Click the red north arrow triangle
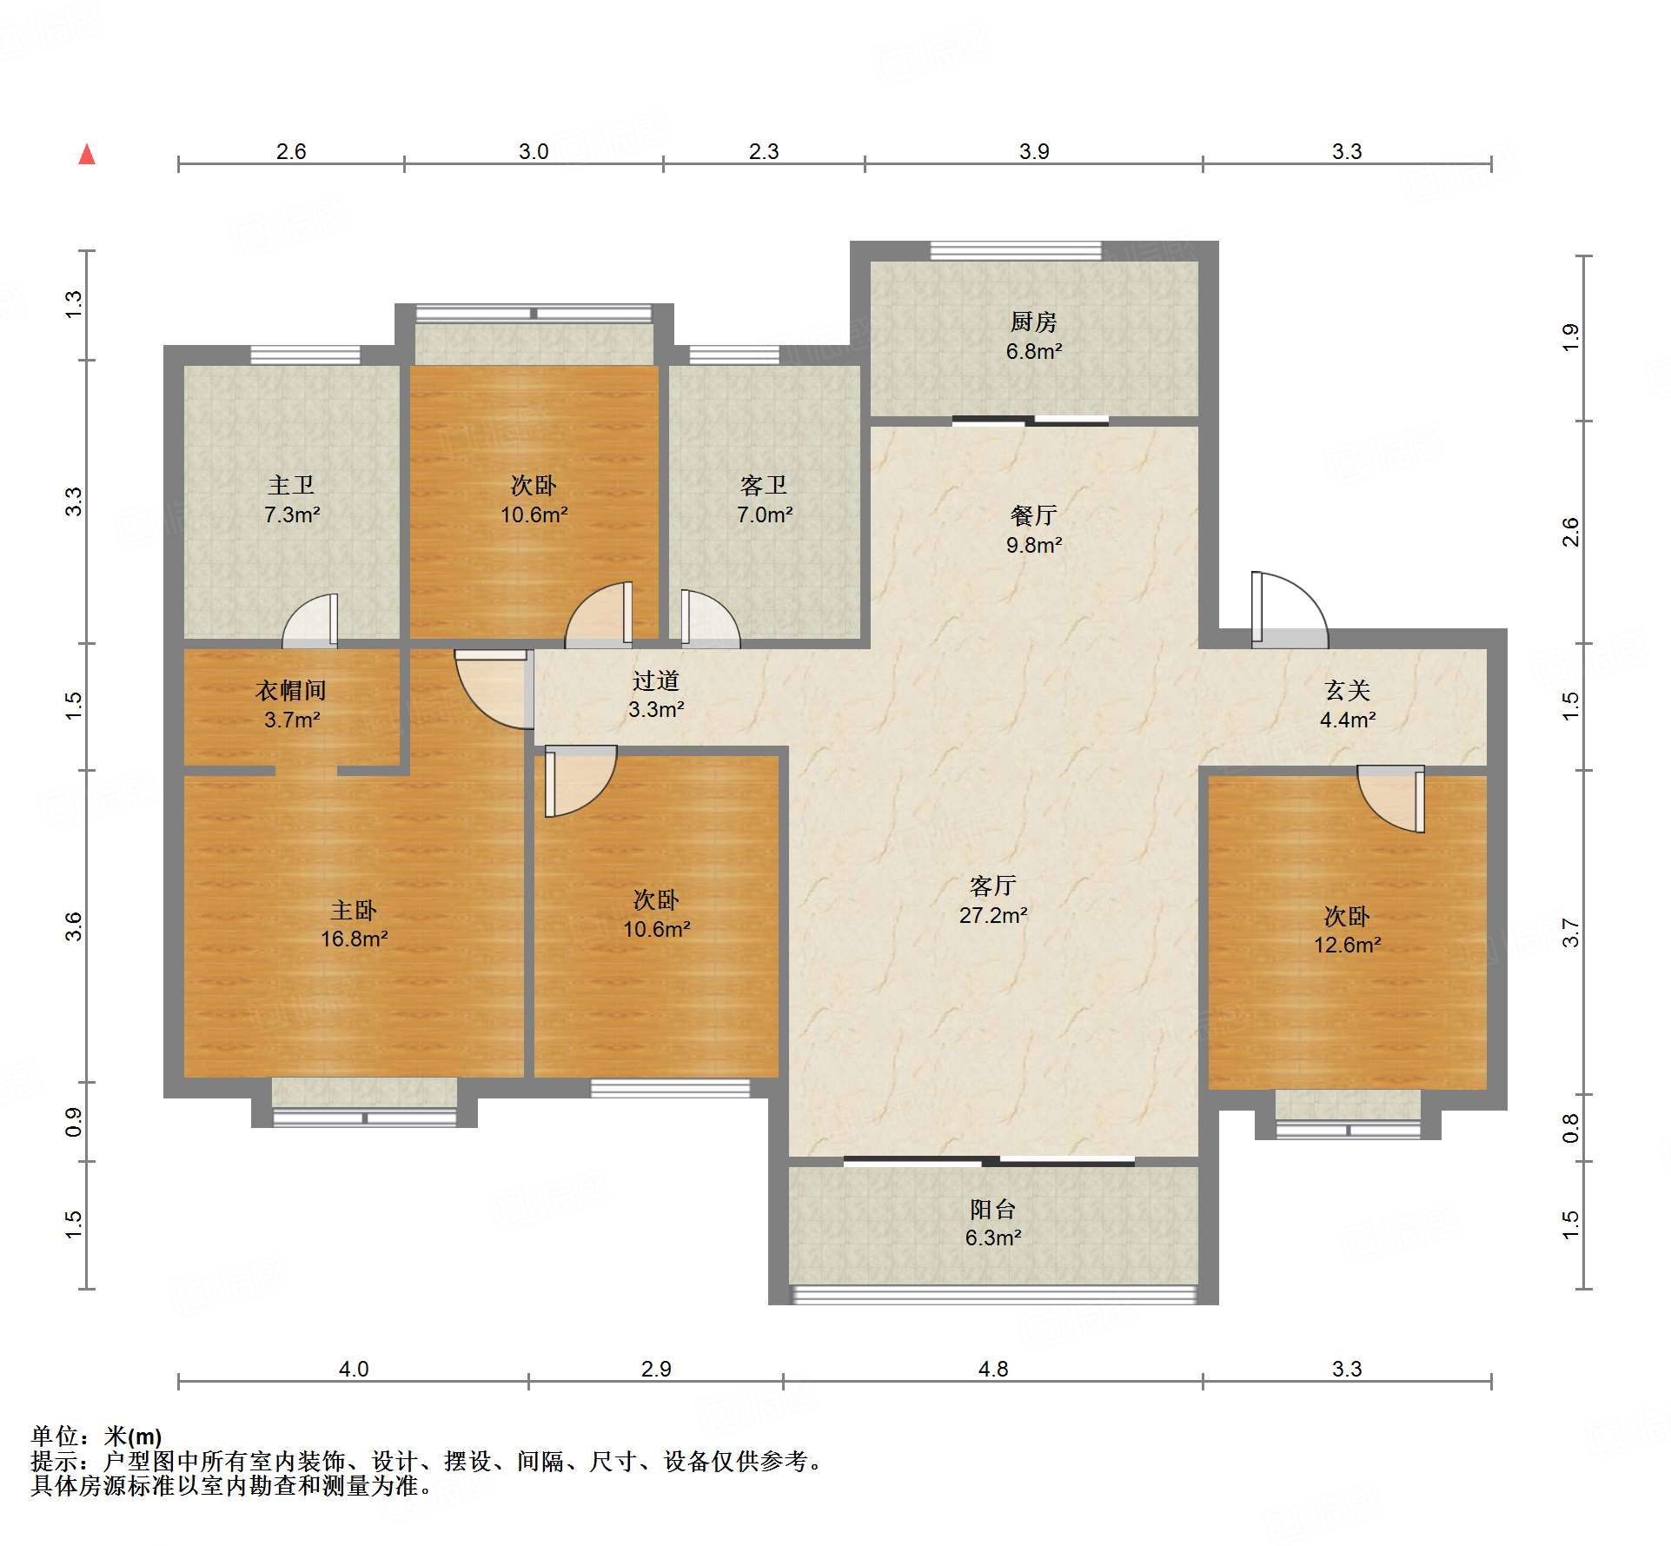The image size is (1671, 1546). pyautogui.click(x=87, y=155)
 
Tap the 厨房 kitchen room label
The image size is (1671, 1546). pyautogui.click(x=1033, y=322)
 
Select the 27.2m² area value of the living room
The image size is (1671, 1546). pyautogui.click(x=993, y=915)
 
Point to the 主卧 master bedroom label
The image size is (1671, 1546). pyautogui.click(x=354, y=910)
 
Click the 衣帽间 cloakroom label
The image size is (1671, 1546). pyautogui.click(x=291, y=690)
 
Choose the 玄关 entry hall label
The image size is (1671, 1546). pyautogui.click(x=1347, y=690)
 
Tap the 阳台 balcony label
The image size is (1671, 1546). pyautogui.click(x=992, y=1209)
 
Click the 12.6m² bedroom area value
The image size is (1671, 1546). pyautogui.click(x=1347, y=945)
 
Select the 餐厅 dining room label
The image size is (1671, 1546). pyautogui.click(x=1033, y=515)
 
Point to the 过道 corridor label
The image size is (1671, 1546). pyautogui.click(x=655, y=680)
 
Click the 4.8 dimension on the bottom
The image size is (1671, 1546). pyautogui.click(x=992, y=1369)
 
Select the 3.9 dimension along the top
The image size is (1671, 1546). pyautogui.click(x=1034, y=151)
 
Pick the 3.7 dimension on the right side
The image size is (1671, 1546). pyautogui.click(x=1570, y=932)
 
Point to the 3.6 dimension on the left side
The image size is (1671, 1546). pyautogui.click(x=74, y=926)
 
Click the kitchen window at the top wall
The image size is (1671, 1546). pyautogui.click(x=1016, y=250)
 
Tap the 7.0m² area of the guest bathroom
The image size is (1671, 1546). pyautogui.click(x=765, y=514)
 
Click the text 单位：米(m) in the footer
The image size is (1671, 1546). pyautogui.click(x=96, y=1437)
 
